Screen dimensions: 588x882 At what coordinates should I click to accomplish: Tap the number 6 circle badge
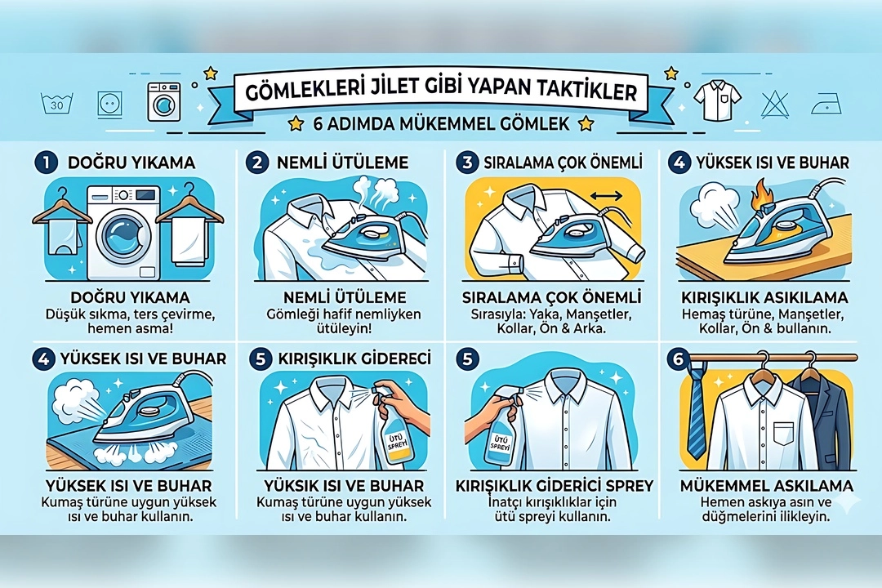click(677, 359)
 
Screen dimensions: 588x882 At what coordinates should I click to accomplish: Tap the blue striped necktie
click(696, 413)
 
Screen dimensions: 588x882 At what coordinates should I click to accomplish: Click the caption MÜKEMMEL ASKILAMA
click(766, 486)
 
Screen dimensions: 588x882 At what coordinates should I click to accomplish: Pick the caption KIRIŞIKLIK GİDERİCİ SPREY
click(555, 486)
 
